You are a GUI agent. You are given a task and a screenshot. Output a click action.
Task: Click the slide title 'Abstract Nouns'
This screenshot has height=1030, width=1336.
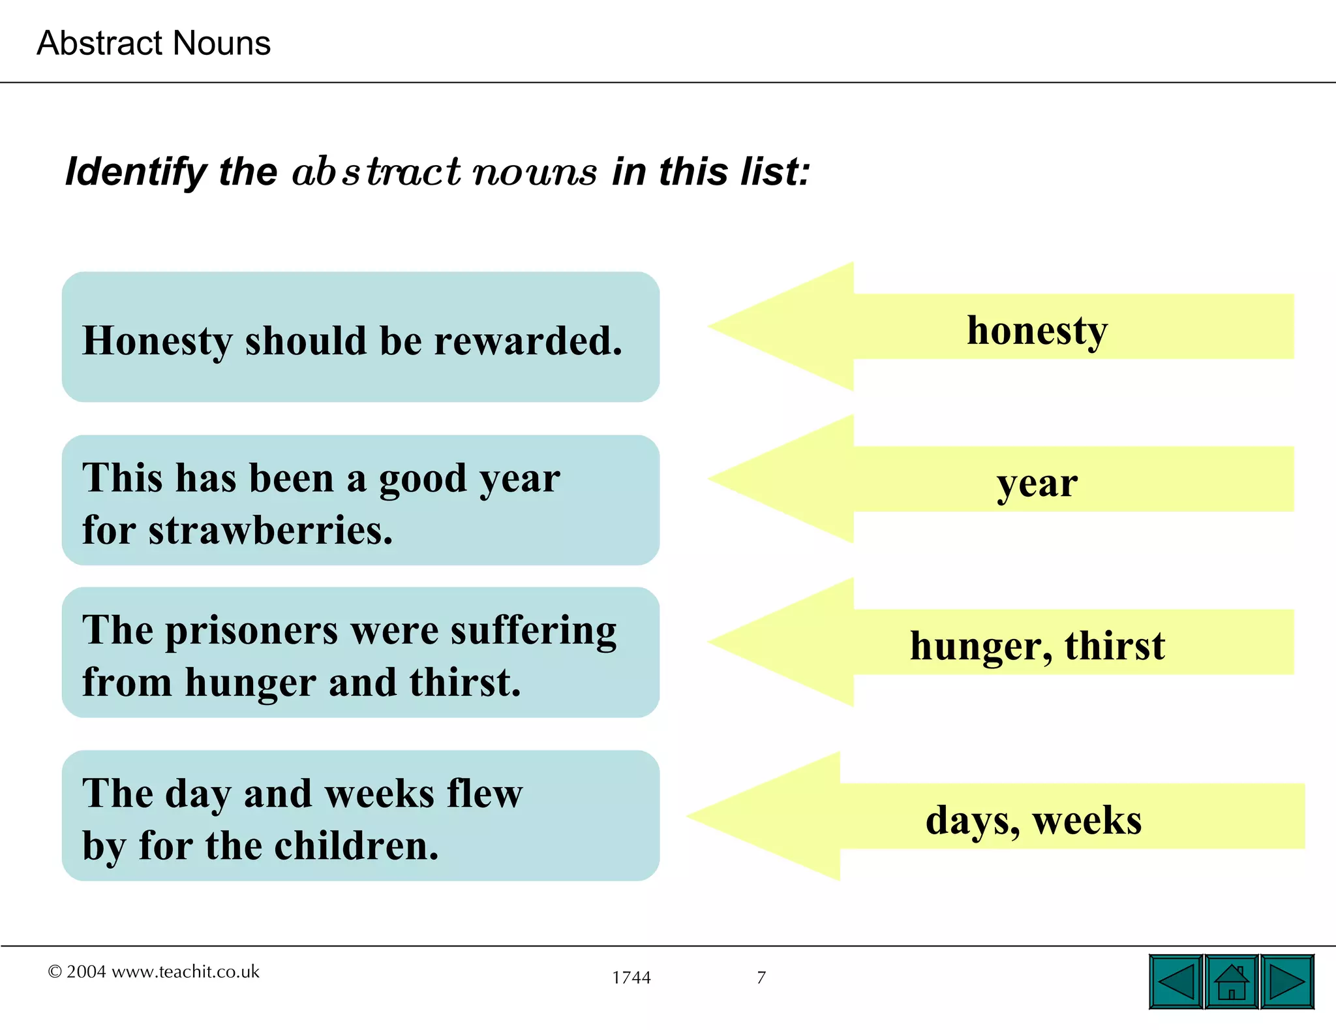[153, 43]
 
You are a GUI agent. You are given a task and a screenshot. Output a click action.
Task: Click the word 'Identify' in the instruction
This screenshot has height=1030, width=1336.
[136, 172]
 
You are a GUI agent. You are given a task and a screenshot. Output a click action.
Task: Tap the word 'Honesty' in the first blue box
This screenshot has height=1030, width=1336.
[157, 341]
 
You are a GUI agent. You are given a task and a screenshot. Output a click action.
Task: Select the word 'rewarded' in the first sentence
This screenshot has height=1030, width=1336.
[521, 341]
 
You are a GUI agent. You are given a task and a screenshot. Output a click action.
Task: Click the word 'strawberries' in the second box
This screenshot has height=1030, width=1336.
[270, 530]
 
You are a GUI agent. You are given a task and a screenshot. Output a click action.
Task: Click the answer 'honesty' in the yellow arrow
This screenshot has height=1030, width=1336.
[1037, 330]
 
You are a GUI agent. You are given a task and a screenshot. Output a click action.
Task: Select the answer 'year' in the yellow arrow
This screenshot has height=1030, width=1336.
[1037, 484]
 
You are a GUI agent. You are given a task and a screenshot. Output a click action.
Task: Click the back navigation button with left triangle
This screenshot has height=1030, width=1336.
[1176, 982]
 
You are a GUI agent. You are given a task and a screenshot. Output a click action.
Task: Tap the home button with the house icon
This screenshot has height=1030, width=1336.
[1232, 982]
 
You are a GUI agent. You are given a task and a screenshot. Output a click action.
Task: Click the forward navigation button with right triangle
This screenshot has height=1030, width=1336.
[1287, 982]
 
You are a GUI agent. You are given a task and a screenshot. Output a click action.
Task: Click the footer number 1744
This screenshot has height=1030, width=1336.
[631, 978]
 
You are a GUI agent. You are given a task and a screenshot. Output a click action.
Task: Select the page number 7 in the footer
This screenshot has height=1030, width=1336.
[761, 978]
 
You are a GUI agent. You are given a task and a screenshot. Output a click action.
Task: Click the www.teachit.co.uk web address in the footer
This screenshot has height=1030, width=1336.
[185, 972]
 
